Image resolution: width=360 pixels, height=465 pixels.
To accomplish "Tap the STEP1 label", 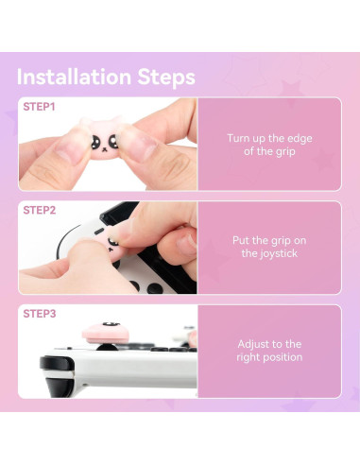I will [x=39, y=107].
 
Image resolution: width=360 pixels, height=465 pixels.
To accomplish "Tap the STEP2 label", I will [x=39, y=210].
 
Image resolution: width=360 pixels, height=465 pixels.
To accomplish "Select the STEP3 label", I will [x=39, y=313].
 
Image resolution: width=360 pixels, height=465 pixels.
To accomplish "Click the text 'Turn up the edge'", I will [x=269, y=138].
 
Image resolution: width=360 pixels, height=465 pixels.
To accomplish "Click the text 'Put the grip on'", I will [x=269, y=240].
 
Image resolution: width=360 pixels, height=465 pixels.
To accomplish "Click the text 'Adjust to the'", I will [x=269, y=344].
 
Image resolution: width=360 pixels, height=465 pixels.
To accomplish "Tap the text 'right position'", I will [x=269, y=357].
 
